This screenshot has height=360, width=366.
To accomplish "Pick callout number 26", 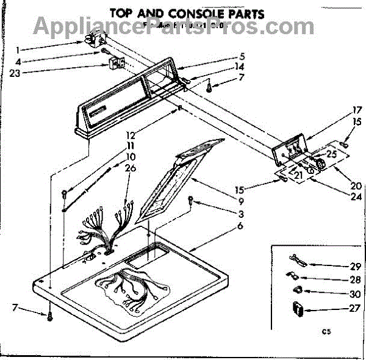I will coord(130,168).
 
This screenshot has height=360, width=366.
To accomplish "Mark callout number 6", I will coord(241,226).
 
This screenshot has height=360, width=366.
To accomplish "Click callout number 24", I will coord(356,196).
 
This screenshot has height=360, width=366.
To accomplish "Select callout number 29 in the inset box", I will coord(339,266).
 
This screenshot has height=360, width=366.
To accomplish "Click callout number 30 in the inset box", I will coord(339,294).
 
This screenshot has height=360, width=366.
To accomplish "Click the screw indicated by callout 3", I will coord(192,200).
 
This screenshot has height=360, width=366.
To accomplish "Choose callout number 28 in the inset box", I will coord(339,279).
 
